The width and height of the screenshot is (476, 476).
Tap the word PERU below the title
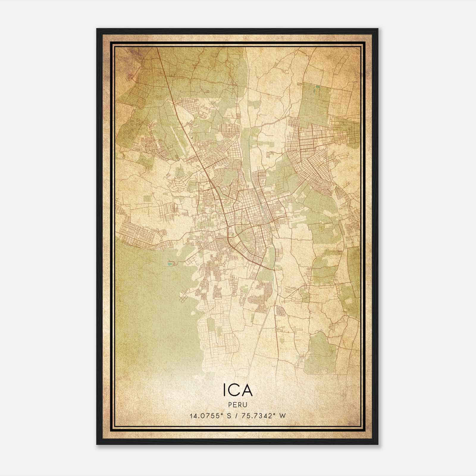pyautogui.click(x=238, y=405)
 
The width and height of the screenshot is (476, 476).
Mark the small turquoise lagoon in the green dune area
pyautogui.click(x=170, y=264)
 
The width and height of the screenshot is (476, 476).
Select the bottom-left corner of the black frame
pyautogui.click(x=97, y=444)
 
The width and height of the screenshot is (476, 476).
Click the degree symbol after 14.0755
pyautogui.click(x=222, y=414)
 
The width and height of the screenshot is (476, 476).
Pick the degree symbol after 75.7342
pyautogui.click(x=273, y=414)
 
